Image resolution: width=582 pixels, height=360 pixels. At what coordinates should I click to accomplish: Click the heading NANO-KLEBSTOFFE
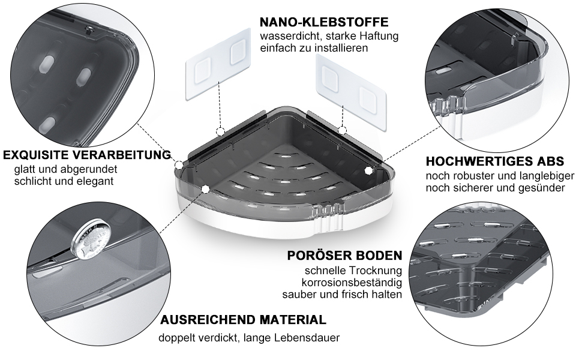(x=324, y=22)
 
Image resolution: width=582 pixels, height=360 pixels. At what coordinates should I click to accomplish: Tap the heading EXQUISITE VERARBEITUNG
(x=87, y=155)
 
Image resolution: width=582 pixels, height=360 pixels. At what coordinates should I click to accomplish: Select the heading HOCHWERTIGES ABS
(x=495, y=161)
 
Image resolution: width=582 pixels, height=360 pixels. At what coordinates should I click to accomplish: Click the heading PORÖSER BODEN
(x=344, y=256)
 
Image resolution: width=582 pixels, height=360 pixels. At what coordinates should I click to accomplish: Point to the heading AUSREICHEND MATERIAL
(x=243, y=320)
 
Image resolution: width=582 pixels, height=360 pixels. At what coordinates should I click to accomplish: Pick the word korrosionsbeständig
(x=352, y=283)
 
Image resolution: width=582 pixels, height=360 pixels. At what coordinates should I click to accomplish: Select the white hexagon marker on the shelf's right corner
(x=368, y=170)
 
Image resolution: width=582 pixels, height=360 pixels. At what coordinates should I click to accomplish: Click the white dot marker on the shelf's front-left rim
(x=205, y=189)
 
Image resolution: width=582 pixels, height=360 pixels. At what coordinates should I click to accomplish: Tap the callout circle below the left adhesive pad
(x=220, y=131)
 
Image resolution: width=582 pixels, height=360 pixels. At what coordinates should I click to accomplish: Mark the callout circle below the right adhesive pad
(x=343, y=130)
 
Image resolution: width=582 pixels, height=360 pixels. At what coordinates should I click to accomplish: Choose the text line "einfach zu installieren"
(x=314, y=48)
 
